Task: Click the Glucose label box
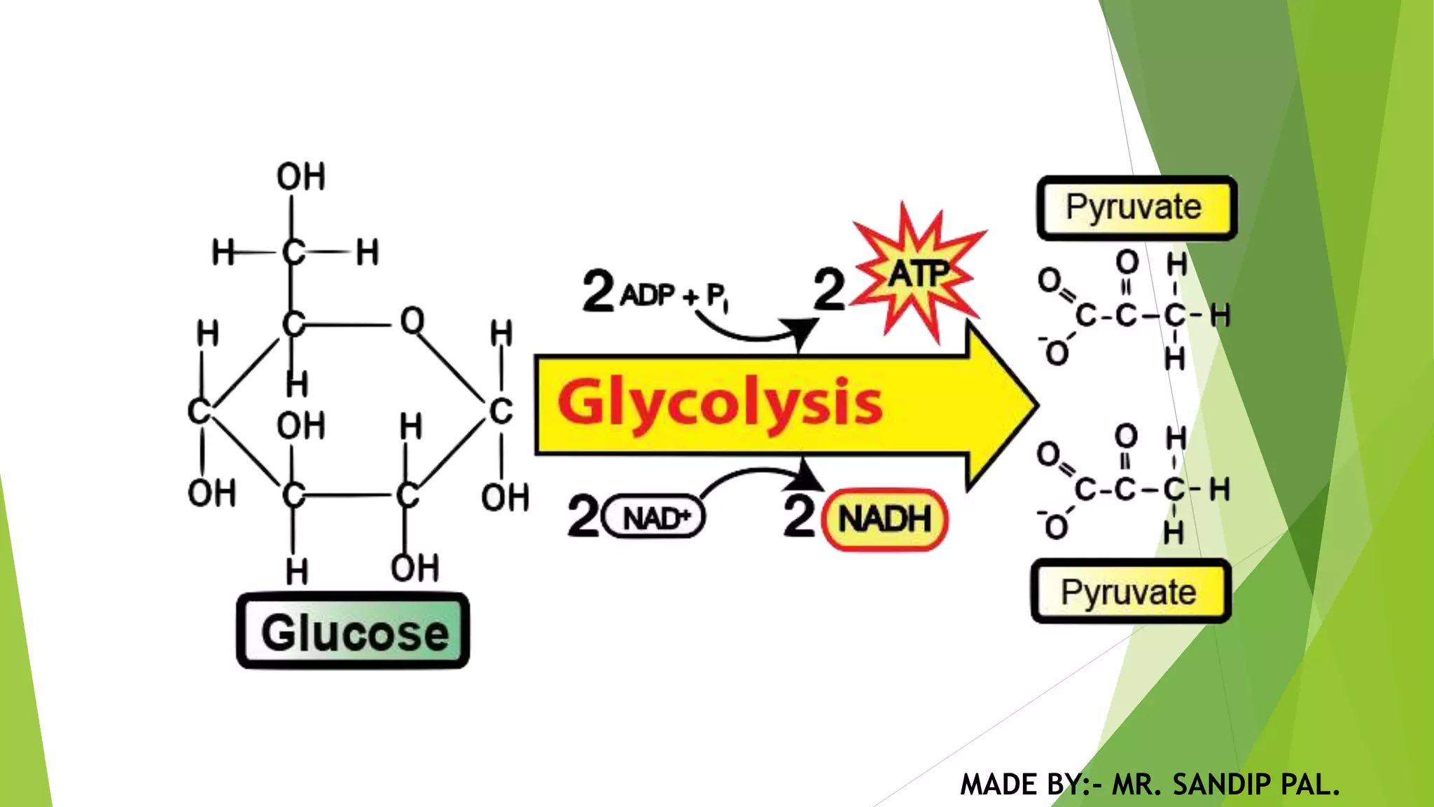tap(353, 631)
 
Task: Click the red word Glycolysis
tap(720, 402)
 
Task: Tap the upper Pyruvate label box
tap(1136, 208)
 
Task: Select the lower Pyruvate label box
tap(1130, 592)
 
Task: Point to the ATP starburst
tap(918, 273)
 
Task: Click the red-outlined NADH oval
tap(884, 519)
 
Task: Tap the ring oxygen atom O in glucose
tap(412, 321)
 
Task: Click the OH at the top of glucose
tap(301, 177)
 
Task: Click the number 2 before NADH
tap(800, 516)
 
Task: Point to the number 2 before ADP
tap(599, 291)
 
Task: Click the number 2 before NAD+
tap(583, 516)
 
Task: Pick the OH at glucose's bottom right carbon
tap(415, 568)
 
